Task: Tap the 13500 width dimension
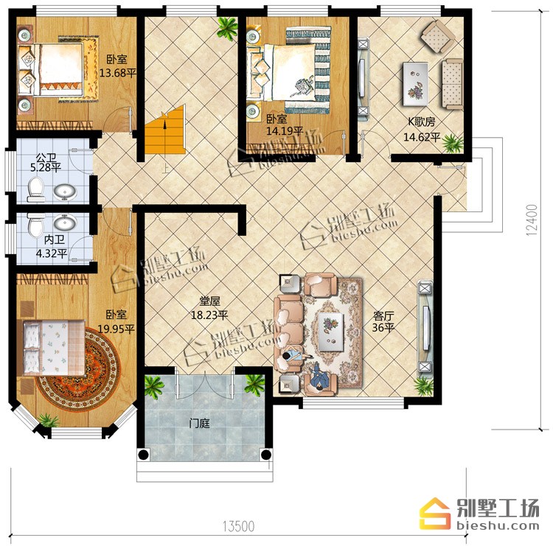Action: (x=238, y=526)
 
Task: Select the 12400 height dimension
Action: (x=532, y=220)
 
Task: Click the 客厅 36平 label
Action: (x=383, y=321)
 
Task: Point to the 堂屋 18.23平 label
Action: (x=209, y=308)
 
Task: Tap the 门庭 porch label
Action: (x=199, y=423)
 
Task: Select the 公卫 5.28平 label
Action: (x=46, y=162)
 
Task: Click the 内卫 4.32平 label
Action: (x=52, y=246)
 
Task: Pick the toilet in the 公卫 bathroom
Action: (x=35, y=189)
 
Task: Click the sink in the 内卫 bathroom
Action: (x=65, y=223)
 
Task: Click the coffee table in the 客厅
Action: (x=331, y=332)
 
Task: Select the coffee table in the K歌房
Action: (x=415, y=84)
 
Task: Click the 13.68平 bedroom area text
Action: (x=117, y=73)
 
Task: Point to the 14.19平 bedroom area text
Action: (x=285, y=131)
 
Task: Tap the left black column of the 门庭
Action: (x=143, y=455)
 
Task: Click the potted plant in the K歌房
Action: (x=452, y=143)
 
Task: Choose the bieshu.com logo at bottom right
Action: (x=480, y=514)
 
